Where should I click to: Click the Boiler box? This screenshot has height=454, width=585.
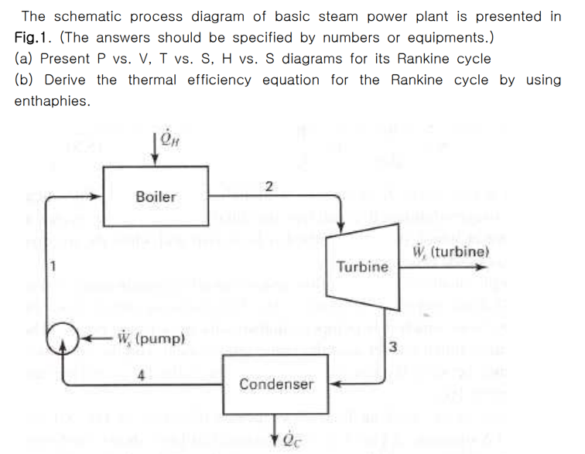point(156,196)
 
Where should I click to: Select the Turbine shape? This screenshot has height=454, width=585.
point(362,265)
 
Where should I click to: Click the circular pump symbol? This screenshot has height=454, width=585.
point(62,339)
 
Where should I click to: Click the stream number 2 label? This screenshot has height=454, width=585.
point(268,186)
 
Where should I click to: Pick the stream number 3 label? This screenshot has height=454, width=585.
point(393,345)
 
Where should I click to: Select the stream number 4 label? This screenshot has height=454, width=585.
point(142,377)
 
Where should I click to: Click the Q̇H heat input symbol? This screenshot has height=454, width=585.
point(169,139)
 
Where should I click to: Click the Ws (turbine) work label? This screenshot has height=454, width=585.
point(451,253)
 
